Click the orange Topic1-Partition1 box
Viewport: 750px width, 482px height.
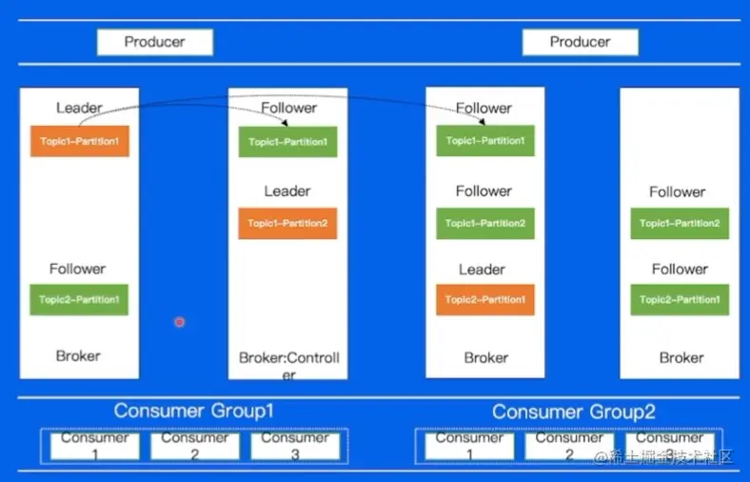(x=79, y=141)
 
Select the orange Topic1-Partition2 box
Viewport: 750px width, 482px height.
(x=287, y=223)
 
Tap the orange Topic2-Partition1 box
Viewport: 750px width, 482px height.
(x=485, y=299)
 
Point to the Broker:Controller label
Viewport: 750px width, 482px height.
(x=288, y=365)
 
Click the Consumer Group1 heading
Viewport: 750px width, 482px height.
(x=194, y=411)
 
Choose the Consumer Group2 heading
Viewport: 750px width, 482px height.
(x=574, y=412)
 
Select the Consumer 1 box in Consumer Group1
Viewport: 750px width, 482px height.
(x=94, y=446)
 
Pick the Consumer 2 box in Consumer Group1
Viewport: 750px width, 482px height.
(x=194, y=446)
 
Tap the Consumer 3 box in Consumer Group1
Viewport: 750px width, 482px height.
(x=294, y=446)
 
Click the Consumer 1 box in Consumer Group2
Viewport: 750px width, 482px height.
(x=469, y=446)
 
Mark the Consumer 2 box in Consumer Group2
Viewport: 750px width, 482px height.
(x=569, y=446)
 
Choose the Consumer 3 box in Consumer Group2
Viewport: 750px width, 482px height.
(x=669, y=446)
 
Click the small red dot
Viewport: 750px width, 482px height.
(x=179, y=322)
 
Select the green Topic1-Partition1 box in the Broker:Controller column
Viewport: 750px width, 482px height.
(x=287, y=141)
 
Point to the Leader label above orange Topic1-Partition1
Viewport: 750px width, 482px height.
(x=79, y=108)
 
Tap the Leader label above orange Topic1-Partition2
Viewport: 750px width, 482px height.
(x=287, y=191)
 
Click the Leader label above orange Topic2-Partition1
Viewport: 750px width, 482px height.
(x=483, y=270)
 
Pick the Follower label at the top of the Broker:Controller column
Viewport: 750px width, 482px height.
(x=288, y=108)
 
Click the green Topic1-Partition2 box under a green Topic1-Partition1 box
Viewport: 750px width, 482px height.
(x=485, y=223)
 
